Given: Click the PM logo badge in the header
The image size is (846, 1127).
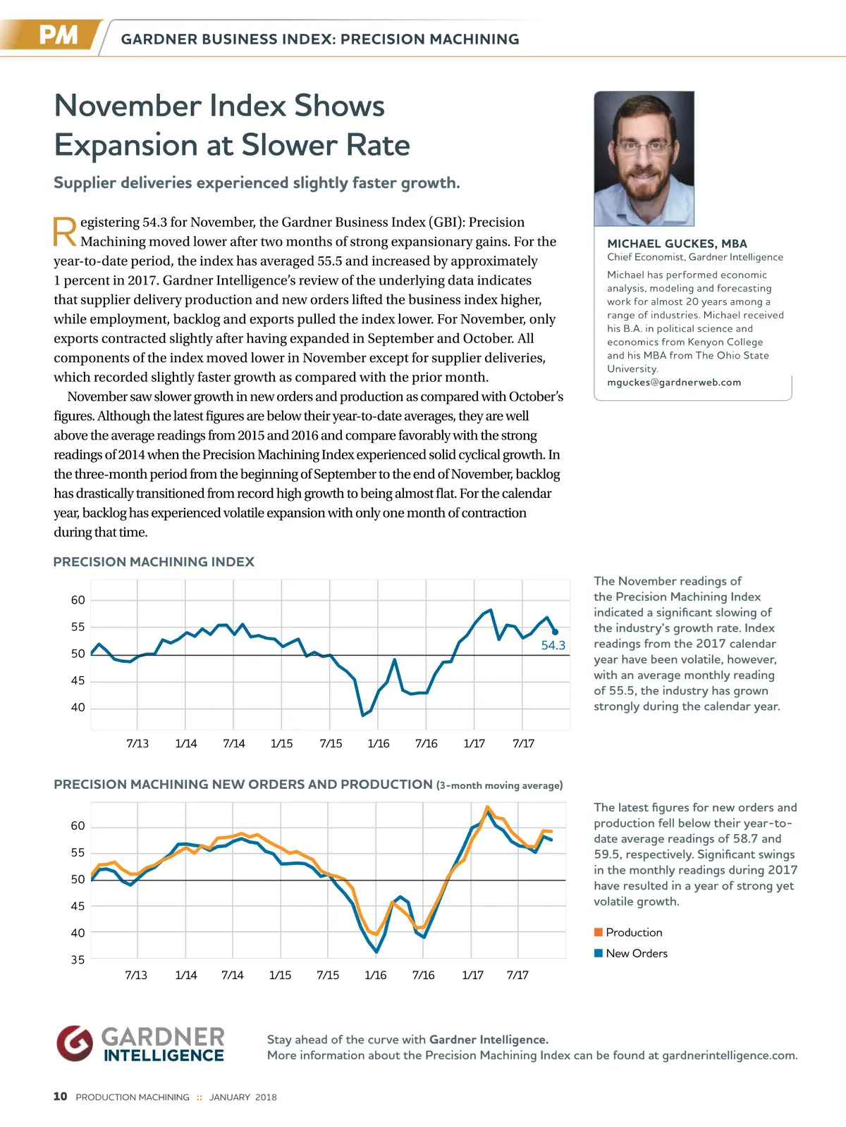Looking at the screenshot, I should (58, 35).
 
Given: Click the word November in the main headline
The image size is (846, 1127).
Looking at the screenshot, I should (125, 106).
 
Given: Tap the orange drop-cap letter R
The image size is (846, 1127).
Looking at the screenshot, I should (65, 232).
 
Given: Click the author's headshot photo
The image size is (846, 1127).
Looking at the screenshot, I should (644, 158).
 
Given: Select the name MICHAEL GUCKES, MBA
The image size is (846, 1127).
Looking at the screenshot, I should (677, 244).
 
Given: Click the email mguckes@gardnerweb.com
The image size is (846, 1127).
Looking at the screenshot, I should (674, 382).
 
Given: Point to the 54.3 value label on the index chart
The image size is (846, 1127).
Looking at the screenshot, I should (553, 645).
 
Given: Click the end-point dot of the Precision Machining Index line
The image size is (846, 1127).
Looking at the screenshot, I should (555, 632).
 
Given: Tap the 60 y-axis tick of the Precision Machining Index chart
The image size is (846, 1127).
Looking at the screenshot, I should (78, 600).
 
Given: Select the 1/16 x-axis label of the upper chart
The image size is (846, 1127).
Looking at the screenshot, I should (379, 743).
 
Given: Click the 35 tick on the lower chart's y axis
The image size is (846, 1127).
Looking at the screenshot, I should (78, 959).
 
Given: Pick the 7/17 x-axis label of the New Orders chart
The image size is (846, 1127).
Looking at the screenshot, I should (517, 975).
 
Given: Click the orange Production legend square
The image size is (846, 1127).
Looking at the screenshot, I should (599, 932).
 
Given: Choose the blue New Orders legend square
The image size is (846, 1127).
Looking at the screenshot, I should (599, 953).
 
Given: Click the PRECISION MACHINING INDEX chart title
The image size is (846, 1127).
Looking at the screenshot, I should (154, 562).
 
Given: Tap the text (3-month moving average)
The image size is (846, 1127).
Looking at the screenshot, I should (499, 785).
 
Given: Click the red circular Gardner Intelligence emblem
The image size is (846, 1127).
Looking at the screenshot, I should (75, 1043).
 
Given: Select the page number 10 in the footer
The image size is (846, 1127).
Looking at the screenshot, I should (61, 1096).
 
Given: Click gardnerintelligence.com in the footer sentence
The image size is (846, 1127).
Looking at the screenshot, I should (729, 1055).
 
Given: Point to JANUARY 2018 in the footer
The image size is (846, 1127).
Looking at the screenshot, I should (243, 1097).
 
